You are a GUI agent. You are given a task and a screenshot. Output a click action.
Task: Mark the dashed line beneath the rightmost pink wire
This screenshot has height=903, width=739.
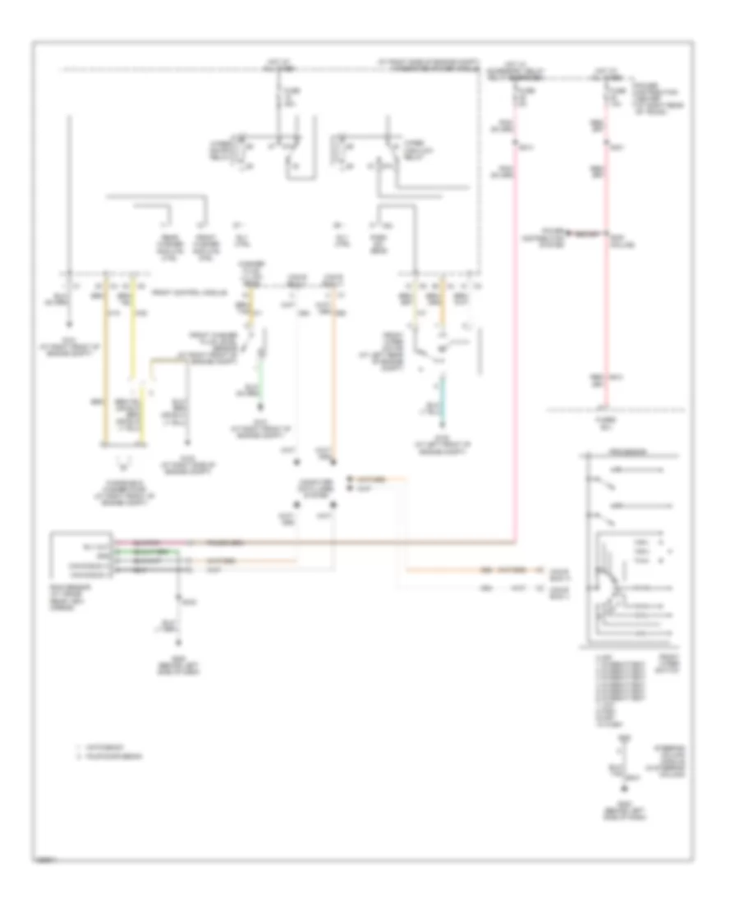[616, 408]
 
